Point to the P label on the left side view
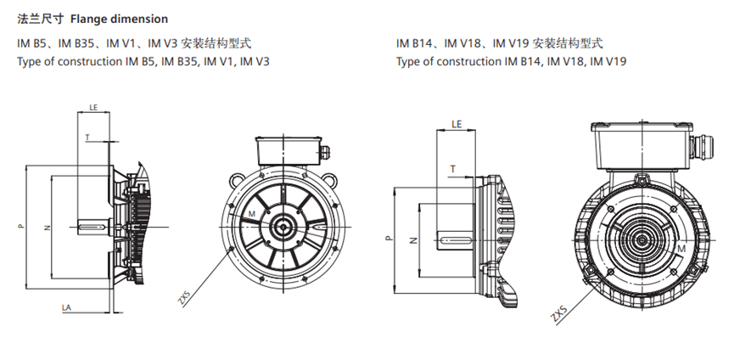[20, 227]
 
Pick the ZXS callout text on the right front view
[558, 314]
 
